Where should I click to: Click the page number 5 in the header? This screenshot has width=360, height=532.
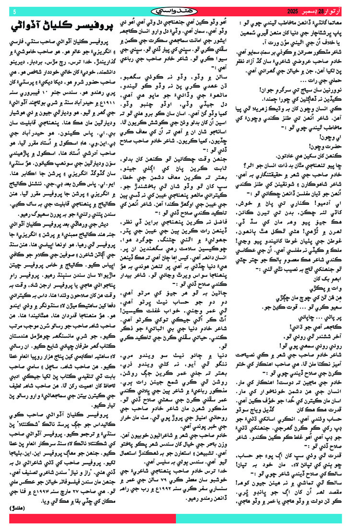14,11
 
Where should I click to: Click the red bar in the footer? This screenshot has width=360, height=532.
91,519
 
